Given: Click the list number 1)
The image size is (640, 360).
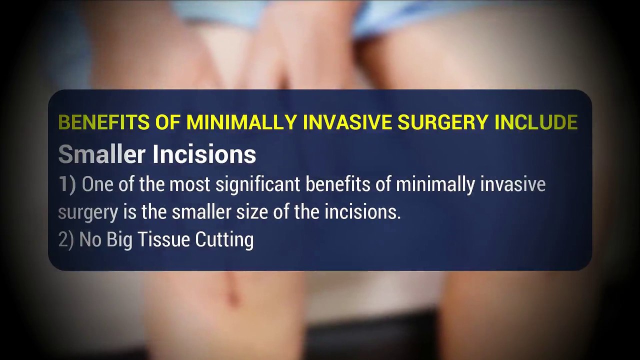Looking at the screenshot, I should (x=67, y=184).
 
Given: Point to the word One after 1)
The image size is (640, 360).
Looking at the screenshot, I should (x=98, y=184).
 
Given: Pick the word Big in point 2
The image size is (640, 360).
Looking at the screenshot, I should (x=120, y=240).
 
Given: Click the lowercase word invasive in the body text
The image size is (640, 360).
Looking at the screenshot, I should (x=513, y=184).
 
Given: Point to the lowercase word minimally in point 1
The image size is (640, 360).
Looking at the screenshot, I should (x=435, y=185).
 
